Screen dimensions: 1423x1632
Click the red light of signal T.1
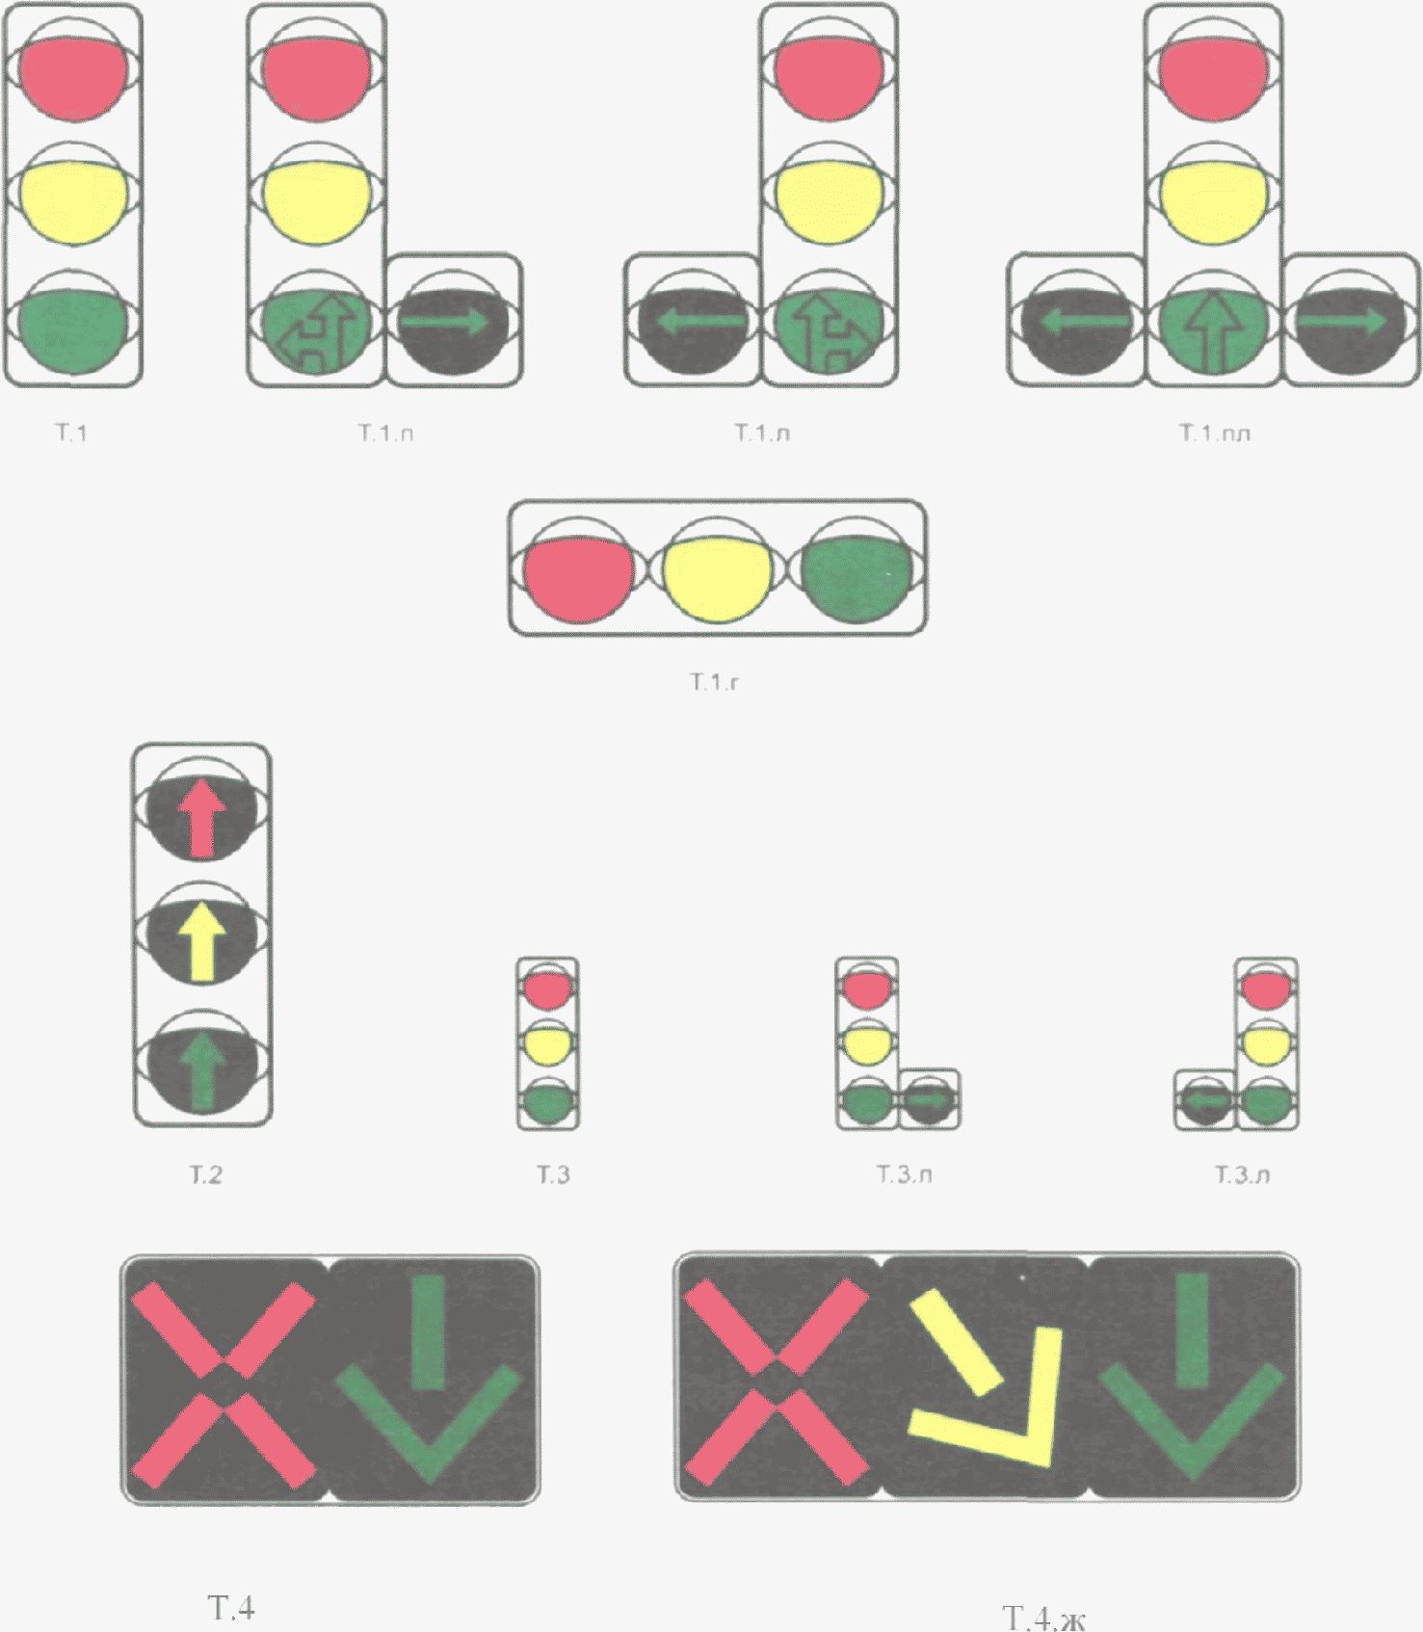[x=72, y=78]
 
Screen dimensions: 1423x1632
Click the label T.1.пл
[x=1214, y=434]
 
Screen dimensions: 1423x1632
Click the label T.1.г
[x=714, y=683]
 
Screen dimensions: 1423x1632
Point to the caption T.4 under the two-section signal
[x=231, y=1607]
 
